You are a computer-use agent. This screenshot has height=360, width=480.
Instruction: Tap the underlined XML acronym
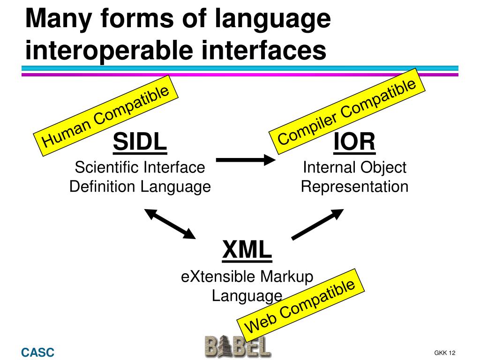247,249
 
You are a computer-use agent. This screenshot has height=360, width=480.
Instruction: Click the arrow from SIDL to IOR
246,160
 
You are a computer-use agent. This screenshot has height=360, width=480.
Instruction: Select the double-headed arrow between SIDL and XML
170,224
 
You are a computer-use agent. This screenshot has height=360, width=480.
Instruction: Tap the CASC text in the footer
37,352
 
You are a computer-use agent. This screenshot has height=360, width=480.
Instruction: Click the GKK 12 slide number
445,353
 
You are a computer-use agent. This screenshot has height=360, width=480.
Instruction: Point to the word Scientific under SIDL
107,167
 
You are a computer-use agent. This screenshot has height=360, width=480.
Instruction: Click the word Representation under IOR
354,187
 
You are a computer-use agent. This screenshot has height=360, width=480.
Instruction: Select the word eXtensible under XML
218,277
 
